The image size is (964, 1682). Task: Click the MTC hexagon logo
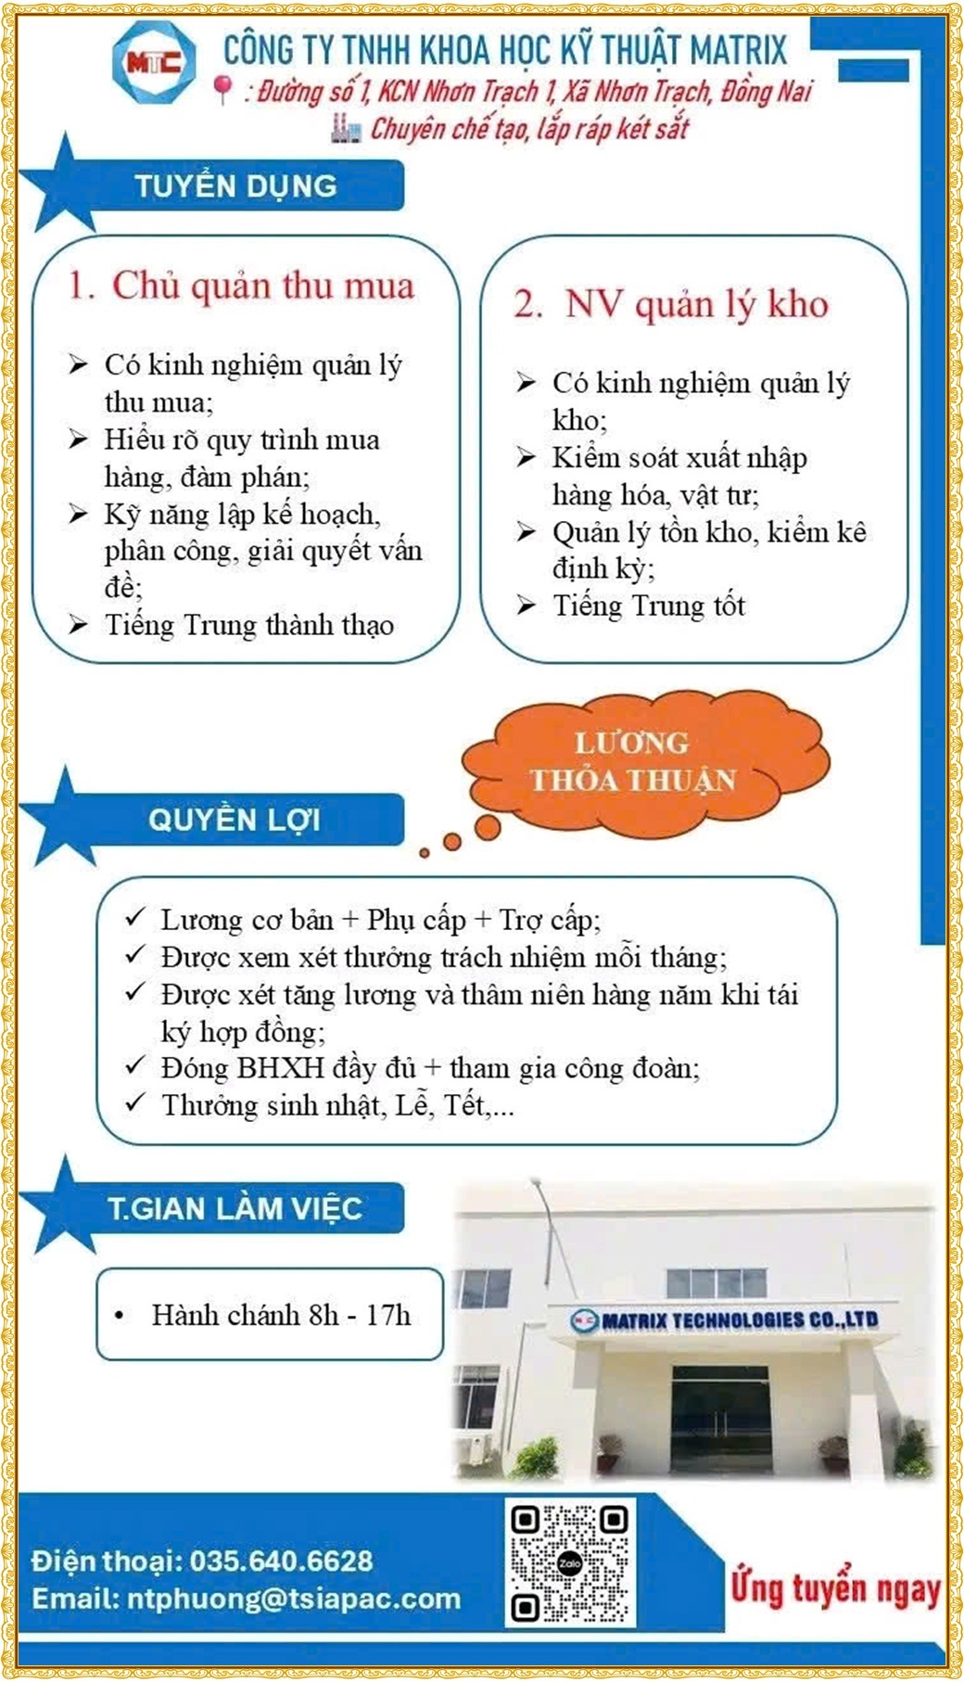pos(154,63)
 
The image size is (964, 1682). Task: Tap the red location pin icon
pos(222,89)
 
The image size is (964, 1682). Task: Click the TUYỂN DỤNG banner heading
pos(236,185)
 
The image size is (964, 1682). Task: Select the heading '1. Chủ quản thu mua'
pos(241,286)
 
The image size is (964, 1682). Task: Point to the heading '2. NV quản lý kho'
pos(671,304)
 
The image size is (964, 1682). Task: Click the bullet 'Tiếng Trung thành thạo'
pos(248,625)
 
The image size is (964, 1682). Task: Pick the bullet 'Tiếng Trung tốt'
pos(649,605)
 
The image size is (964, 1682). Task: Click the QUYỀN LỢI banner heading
pos(235,820)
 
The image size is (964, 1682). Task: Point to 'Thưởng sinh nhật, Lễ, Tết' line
pos(337,1105)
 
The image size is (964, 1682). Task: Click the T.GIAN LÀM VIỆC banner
pos(235,1208)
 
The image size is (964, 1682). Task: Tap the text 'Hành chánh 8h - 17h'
pos(281,1315)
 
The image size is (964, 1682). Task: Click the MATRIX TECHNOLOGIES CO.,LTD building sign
pos(725,1319)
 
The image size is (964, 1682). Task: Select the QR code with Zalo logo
pos(569,1563)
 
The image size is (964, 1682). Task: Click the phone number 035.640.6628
pos(282,1561)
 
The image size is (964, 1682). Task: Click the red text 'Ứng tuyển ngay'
pos(835,1587)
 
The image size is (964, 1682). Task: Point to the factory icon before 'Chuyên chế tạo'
pos(345,129)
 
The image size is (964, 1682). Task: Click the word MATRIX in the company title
pos(738,50)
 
